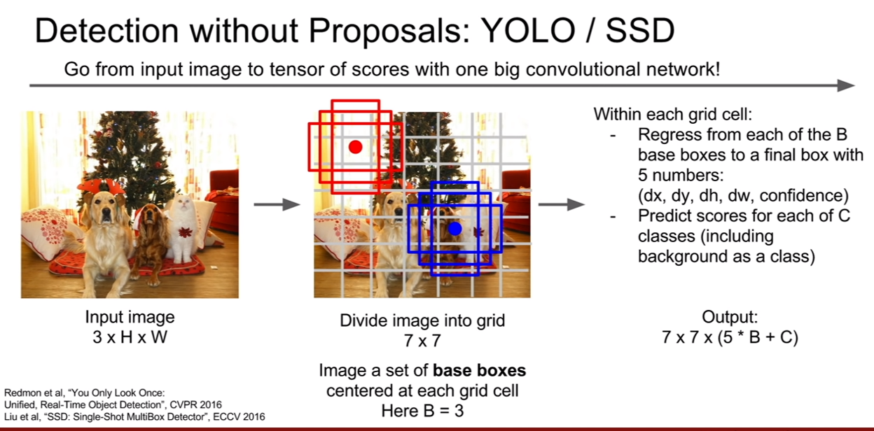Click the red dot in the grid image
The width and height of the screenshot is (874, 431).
point(355,147)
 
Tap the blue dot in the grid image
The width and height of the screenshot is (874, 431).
point(455,229)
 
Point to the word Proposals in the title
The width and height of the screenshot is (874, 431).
point(390,31)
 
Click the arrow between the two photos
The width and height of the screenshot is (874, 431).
point(277,204)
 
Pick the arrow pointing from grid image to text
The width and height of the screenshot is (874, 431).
point(561,204)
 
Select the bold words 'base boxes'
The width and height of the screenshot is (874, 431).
point(480,370)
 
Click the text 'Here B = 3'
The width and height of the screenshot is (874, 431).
point(422,411)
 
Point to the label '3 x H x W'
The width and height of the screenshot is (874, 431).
point(130,337)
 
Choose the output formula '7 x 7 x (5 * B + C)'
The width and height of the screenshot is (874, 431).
point(730,337)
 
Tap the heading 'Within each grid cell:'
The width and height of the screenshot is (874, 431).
point(673,114)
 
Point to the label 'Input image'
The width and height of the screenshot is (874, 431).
point(130,317)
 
